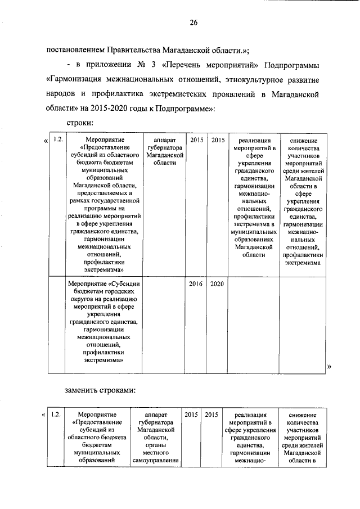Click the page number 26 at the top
click(x=193, y=22)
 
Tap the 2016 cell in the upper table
click(x=195, y=284)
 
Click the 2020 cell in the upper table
click(x=217, y=284)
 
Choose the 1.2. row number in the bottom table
click(x=55, y=415)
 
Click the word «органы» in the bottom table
click(x=155, y=445)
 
